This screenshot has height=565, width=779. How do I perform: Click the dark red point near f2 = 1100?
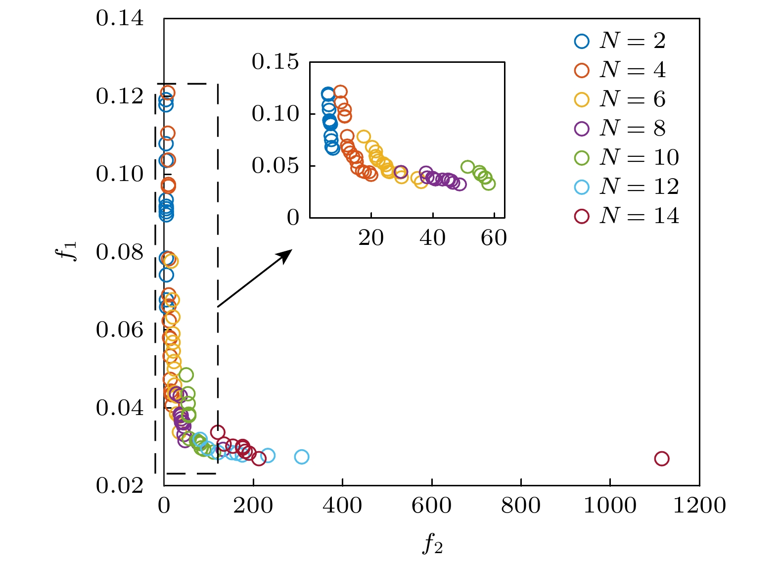661,459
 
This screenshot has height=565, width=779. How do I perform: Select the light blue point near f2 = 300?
302,457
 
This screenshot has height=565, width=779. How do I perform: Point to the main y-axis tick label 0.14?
120,19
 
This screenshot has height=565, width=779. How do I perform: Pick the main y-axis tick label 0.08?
120,252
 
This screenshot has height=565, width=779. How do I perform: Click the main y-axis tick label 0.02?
120,486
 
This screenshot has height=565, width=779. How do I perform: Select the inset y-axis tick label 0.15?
275,62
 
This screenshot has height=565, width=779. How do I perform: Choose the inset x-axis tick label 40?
432,238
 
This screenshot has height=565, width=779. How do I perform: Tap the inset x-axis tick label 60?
494,238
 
